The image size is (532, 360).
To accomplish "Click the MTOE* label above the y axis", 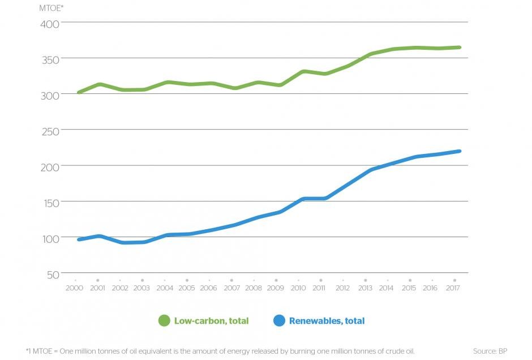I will pyautogui.click(x=52, y=8).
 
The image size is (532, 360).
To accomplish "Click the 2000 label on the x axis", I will pyautogui.click(x=75, y=288).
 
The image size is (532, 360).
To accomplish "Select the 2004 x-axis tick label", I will pyautogui.click(x=164, y=288).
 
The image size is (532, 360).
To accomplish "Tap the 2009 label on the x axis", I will pyautogui.click(x=276, y=288).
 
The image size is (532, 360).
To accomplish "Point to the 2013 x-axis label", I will pyautogui.click(x=365, y=288).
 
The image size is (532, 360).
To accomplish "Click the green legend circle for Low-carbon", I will pyautogui.click(x=164, y=321).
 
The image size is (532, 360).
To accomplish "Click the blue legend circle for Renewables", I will pyautogui.click(x=279, y=321).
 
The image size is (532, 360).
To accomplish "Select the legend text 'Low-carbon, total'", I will pyautogui.click(x=211, y=321).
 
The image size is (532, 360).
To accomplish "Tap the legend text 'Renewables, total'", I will pyautogui.click(x=327, y=321).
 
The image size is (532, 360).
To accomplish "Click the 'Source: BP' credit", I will pyautogui.click(x=490, y=352).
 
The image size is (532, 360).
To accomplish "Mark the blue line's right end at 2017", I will pyautogui.click(x=459, y=151).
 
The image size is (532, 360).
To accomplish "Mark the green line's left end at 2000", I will pyautogui.click(x=79, y=92).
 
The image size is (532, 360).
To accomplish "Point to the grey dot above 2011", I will pyautogui.click(x=320, y=280).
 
